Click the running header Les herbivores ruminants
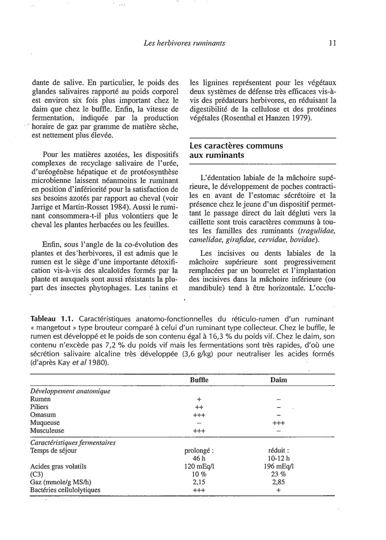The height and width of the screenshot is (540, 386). tap(184, 43)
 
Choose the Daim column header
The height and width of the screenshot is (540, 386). tap(278, 380)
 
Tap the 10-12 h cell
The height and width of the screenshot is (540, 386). tap(279, 458)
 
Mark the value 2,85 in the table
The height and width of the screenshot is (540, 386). tap(279, 482)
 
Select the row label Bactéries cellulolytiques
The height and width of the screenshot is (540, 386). tap(65, 490)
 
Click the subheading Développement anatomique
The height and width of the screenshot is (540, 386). tap(70, 390)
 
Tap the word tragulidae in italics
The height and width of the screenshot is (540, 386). tap(317, 231)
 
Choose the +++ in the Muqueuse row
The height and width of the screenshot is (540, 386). tap(279, 423)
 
